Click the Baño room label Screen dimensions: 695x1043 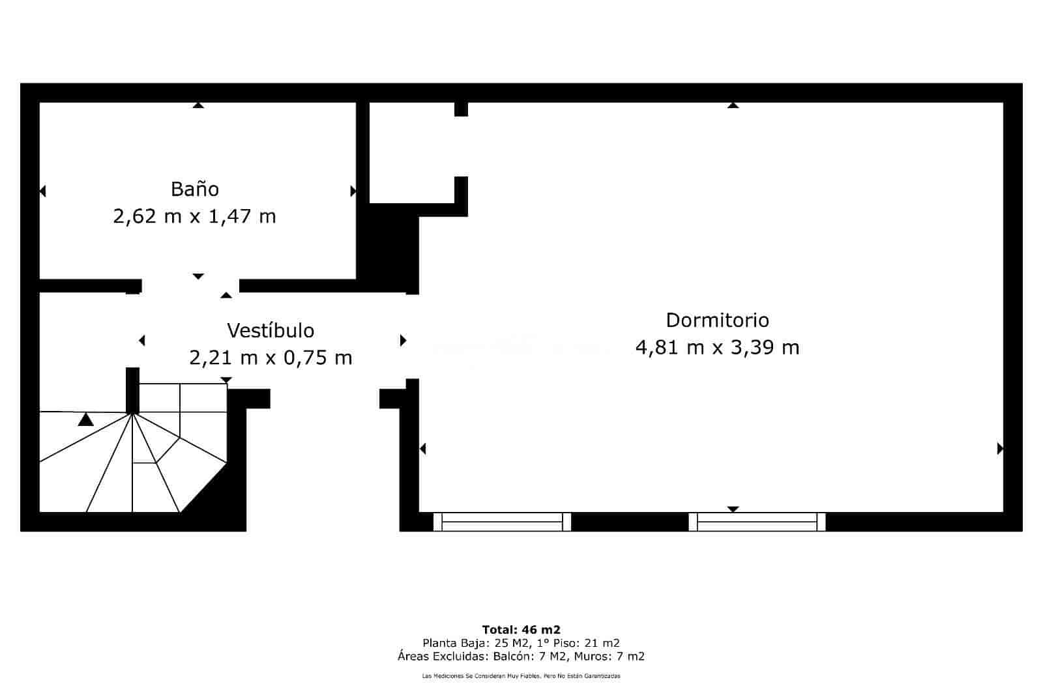click(194, 189)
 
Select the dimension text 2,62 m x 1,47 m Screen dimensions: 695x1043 click(194, 216)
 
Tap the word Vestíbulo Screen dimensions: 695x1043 click(271, 331)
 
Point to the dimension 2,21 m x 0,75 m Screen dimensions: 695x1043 click(271, 358)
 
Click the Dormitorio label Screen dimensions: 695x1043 click(717, 320)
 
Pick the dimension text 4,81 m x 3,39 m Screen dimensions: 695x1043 click(717, 347)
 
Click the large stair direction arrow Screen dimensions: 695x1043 click(85, 419)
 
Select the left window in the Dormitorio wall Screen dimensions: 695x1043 click(502, 522)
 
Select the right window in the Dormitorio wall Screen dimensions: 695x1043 click(757, 522)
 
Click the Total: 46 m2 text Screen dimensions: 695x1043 click(521, 630)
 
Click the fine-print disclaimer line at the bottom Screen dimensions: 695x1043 click(521, 676)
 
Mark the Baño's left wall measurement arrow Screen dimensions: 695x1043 click(43, 191)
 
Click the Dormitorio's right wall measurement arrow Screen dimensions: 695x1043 click(999, 449)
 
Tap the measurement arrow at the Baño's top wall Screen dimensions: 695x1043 click(198, 106)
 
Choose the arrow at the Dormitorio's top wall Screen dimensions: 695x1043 click(733, 106)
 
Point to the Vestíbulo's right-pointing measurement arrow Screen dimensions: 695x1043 click(403, 341)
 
